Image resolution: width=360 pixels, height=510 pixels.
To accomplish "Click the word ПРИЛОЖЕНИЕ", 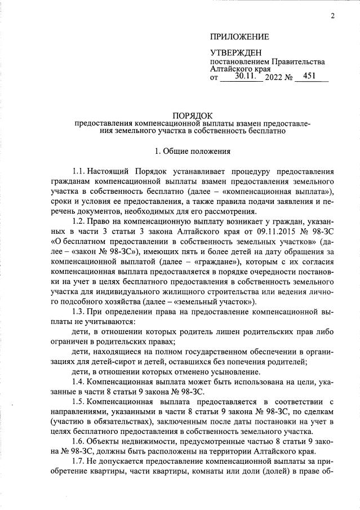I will (x=239, y=37).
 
